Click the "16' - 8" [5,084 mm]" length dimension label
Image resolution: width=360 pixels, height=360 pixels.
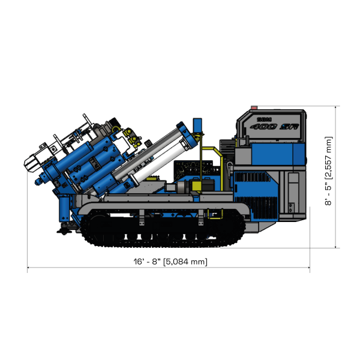click(x=170, y=262)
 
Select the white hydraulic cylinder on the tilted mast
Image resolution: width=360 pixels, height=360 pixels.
click(x=153, y=156)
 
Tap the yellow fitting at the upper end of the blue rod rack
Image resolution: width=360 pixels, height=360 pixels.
click(x=130, y=130)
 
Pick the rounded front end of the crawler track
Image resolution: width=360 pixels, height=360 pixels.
click(x=87, y=229)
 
